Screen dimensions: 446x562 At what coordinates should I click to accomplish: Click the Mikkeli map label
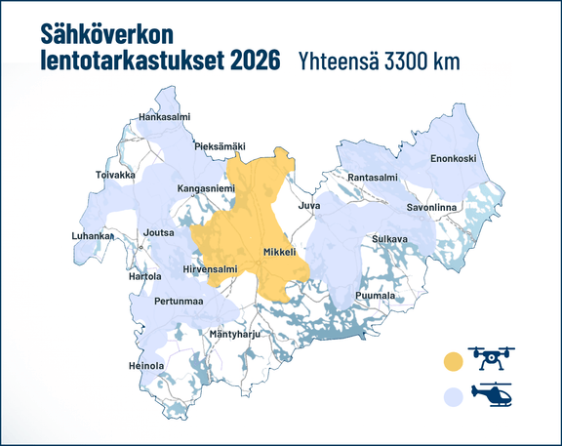pyautogui.click(x=279, y=252)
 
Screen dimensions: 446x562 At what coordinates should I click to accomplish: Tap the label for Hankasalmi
pyautogui.click(x=164, y=117)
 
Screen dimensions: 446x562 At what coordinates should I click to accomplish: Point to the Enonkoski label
pyautogui.click(x=453, y=159)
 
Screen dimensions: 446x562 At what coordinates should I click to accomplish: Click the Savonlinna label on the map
pyautogui.click(x=431, y=208)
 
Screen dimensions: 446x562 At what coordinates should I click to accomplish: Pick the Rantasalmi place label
pyautogui.click(x=373, y=177)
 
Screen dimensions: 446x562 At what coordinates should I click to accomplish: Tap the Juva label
pyautogui.click(x=308, y=207)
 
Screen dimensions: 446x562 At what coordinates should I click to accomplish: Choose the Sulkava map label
pyautogui.click(x=390, y=239)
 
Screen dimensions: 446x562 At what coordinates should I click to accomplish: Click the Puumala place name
pyautogui.click(x=376, y=295)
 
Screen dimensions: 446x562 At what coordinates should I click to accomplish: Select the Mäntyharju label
pyautogui.click(x=238, y=335)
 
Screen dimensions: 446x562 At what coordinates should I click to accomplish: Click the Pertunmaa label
pyautogui.click(x=179, y=301)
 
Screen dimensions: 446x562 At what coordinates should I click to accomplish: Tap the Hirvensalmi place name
pyautogui.click(x=210, y=268)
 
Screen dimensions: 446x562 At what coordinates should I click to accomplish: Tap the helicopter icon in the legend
pyautogui.click(x=493, y=395)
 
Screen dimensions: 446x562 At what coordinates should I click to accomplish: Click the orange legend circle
pyautogui.click(x=452, y=362)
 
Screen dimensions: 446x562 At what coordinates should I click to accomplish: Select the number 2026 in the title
pyautogui.click(x=249, y=60)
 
